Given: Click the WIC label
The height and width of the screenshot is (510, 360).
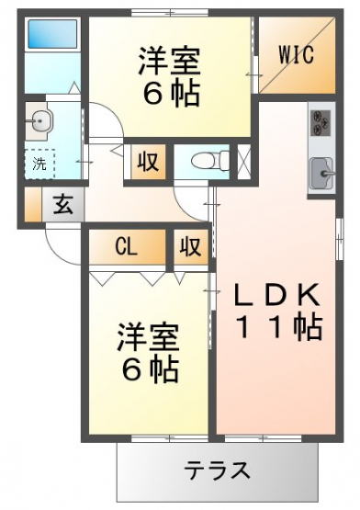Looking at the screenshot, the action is click(x=297, y=54).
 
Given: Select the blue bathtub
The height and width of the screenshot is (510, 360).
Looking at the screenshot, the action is click(x=52, y=34).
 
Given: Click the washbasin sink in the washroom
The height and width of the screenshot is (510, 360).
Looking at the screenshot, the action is click(x=39, y=121).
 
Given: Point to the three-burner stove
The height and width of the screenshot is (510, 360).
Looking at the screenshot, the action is click(x=321, y=123).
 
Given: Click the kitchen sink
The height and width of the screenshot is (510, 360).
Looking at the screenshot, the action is click(x=322, y=174).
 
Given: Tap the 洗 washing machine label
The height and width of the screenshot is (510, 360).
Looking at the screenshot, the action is click(x=39, y=164).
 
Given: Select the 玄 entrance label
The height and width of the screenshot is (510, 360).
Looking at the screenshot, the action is click(x=63, y=205).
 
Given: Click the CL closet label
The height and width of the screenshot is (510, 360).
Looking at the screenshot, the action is click(x=126, y=248).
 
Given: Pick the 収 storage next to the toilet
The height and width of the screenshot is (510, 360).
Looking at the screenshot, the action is click(x=148, y=161).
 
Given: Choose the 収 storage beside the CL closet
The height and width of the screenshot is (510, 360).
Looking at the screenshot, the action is click(x=191, y=246).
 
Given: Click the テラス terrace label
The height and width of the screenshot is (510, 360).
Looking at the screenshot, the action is click(x=218, y=470).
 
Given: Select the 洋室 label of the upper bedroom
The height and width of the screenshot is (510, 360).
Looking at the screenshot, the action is click(x=169, y=61).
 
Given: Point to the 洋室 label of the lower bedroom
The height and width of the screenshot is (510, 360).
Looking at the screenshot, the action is click(x=148, y=336).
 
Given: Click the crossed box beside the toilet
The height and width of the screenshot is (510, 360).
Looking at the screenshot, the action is click(x=244, y=162).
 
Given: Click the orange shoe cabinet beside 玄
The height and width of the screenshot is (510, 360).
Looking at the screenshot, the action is click(x=33, y=205).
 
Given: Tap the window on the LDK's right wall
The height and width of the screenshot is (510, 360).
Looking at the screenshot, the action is click(x=340, y=239).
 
